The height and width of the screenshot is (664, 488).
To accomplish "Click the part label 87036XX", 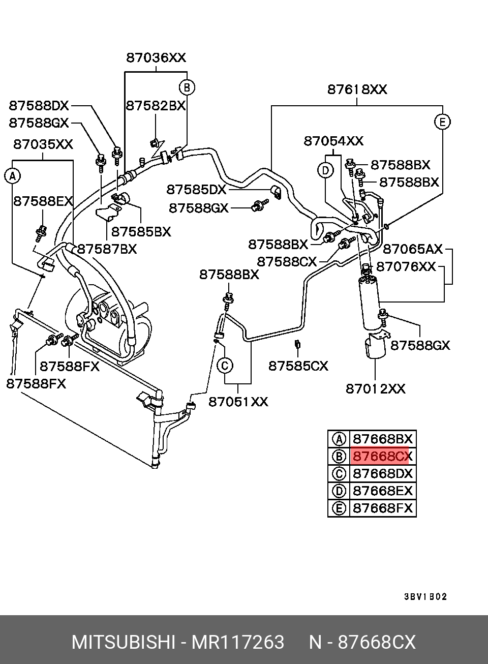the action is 156,57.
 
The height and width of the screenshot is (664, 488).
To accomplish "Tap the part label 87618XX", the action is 357,89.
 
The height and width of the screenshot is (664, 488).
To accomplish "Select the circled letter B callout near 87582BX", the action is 187,87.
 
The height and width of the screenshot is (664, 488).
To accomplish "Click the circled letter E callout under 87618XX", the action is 442,122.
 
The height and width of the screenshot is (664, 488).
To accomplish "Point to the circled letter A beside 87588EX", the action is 12,176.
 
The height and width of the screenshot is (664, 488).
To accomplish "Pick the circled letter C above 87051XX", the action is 225,366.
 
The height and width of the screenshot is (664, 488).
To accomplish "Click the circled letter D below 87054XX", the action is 325,170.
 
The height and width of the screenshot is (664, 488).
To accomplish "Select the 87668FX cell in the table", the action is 383,508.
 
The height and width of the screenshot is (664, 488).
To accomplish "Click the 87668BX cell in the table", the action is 383,439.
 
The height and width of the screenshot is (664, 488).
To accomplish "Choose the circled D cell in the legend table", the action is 339,491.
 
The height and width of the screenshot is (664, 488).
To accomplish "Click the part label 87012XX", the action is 376,388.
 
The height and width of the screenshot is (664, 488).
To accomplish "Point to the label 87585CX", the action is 298,366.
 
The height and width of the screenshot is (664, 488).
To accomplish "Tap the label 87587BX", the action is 107,249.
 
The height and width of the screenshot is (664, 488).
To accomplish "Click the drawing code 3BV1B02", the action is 425,597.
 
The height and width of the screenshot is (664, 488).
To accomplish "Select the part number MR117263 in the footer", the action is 238,642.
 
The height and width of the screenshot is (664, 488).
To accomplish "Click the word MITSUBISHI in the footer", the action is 123,642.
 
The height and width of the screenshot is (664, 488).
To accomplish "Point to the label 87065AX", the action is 413,249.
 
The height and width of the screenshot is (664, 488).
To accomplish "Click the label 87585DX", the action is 196,190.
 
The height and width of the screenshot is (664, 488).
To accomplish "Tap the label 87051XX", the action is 238,402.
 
